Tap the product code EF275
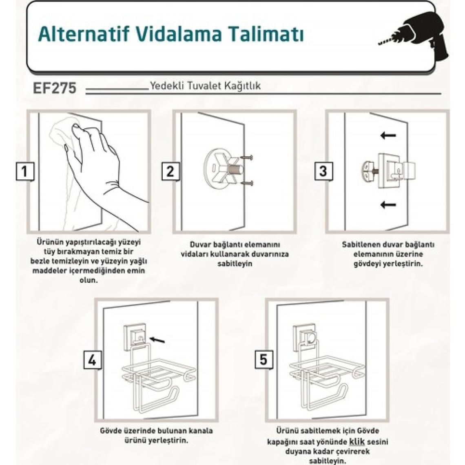[55, 88]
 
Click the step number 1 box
[25, 171]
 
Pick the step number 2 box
[170, 171]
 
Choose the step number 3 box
[323, 171]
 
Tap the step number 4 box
[93, 360]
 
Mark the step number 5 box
[263, 359]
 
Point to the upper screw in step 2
[247, 157]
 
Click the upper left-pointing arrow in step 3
[388, 135]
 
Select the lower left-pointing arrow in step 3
[388, 204]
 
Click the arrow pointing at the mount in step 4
[157, 339]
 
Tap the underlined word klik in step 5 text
[357, 442]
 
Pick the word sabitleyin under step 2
[235, 263]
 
